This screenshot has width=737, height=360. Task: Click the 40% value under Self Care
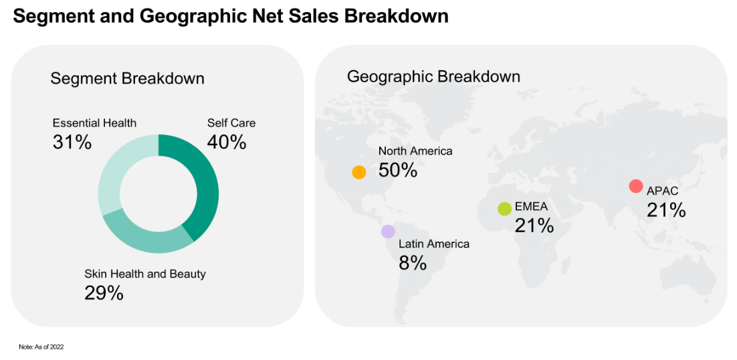227,143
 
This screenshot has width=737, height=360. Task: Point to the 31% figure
72,143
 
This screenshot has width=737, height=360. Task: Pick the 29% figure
104,293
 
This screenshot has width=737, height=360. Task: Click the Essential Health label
94,123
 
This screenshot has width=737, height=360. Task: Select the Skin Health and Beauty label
145,274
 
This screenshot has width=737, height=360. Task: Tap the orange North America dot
359,172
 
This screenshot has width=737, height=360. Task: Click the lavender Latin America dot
388,232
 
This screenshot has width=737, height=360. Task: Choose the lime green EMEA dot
505,209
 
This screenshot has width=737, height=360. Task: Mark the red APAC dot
636,186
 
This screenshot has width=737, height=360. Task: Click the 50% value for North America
398,170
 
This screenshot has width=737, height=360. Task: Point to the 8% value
413,263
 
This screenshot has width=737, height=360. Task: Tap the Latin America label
434,244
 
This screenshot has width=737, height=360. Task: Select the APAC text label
662,191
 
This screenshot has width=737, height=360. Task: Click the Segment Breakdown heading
127,78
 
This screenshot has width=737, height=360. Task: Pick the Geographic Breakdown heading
433,76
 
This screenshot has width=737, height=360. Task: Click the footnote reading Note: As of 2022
41,347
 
